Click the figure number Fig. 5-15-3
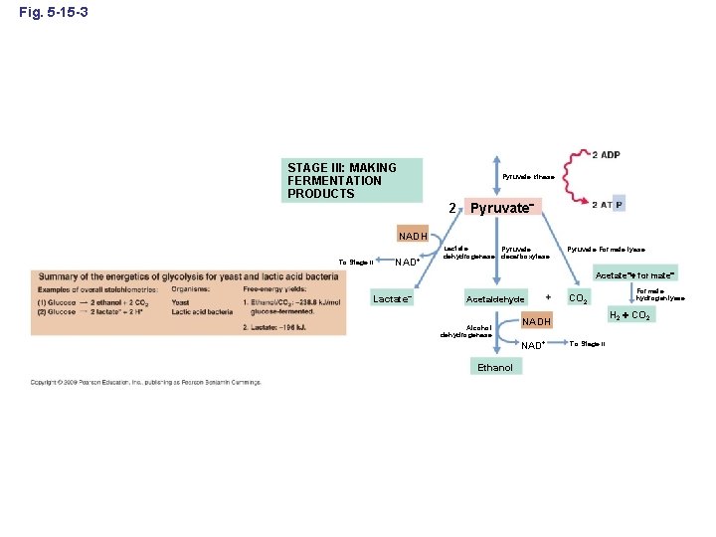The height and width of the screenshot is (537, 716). (x=60, y=11)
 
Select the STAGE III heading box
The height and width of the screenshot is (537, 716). (x=354, y=181)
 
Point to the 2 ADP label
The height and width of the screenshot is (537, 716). (x=606, y=155)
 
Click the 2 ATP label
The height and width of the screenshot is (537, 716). (x=608, y=205)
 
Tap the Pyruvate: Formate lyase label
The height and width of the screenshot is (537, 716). (x=606, y=250)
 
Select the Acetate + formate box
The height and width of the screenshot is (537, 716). (x=634, y=274)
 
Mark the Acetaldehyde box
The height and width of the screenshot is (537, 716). (x=495, y=299)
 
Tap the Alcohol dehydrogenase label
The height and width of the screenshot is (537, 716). (x=466, y=331)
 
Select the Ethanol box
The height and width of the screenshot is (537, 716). (x=495, y=368)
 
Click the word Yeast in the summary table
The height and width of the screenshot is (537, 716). (x=181, y=302)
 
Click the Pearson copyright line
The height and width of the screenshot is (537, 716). (x=146, y=382)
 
